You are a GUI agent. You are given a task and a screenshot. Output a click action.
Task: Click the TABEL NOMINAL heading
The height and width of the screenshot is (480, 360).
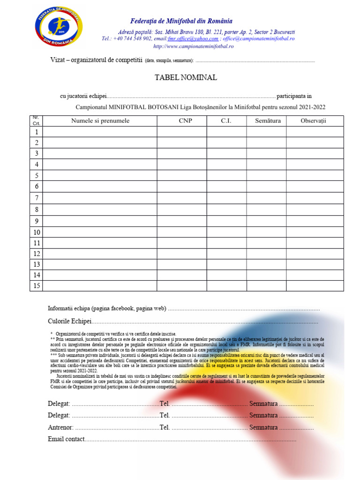click(186, 77)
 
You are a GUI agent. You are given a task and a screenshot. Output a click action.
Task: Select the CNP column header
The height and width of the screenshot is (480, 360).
click(185, 121)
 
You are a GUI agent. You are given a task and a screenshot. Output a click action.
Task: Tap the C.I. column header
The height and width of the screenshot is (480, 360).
click(226, 121)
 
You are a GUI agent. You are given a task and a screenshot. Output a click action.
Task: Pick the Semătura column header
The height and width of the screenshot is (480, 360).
click(268, 121)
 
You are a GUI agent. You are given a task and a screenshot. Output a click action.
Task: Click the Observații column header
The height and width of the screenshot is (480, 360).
click(313, 121)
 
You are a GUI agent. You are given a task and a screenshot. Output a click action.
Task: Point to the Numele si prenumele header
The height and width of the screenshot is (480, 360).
click(100, 121)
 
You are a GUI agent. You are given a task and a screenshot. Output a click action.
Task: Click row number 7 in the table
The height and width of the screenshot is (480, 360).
click(36, 198)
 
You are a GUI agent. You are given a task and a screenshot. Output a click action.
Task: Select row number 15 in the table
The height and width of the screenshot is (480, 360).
click(36, 285)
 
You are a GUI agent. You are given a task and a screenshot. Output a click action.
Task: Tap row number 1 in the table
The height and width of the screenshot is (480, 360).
click(36, 132)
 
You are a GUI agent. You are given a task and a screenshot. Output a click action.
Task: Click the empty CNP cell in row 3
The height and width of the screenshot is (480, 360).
click(182, 154)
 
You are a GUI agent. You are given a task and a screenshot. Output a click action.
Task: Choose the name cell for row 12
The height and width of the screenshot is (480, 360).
click(100, 254)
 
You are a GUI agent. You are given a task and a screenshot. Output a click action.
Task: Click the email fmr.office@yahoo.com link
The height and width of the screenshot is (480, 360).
click(193, 38)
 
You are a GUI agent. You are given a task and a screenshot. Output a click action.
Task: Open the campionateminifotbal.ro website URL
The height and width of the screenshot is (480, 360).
click(193, 46)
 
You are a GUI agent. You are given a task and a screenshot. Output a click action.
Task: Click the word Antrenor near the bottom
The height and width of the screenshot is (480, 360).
click(60, 427)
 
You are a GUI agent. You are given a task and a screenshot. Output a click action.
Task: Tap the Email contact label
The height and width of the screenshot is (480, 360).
click(66, 439)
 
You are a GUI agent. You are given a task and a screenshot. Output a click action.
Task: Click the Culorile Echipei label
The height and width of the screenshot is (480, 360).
click(70, 322)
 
